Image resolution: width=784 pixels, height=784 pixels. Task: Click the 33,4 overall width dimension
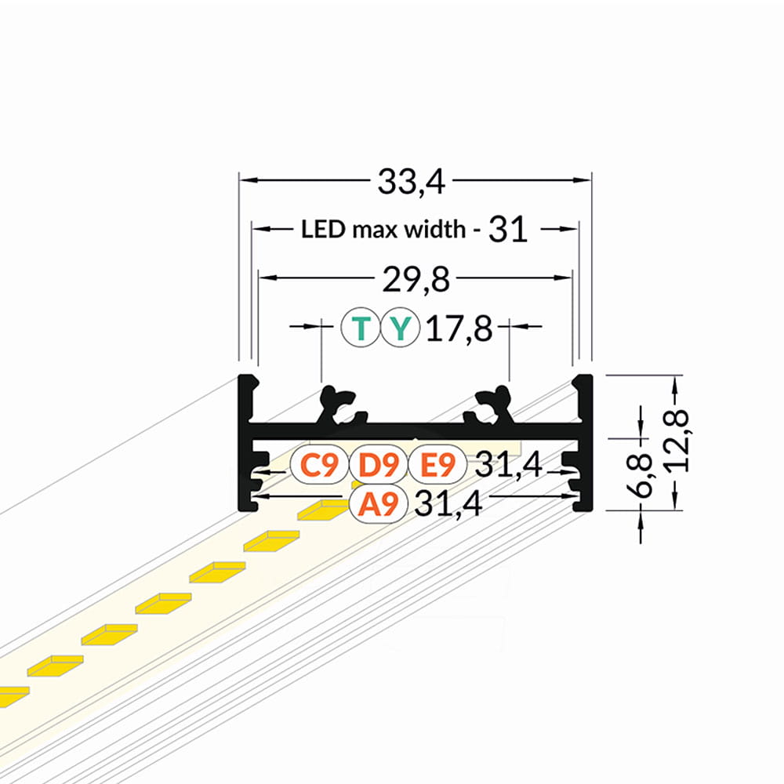click(x=411, y=182)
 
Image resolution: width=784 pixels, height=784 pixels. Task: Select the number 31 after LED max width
click(x=508, y=230)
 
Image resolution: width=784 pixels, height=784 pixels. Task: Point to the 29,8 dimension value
click(x=416, y=279)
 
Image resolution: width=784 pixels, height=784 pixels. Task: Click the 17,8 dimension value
click(x=459, y=328)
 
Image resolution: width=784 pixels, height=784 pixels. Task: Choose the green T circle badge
click(x=360, y=328)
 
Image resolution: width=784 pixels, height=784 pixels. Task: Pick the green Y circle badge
click(x=400, y=328)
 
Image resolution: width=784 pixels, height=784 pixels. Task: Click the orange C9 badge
click(x=319, y=464)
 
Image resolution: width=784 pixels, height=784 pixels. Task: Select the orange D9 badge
click(x=379, y=464)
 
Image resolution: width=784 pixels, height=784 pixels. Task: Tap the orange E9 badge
click(x=437, y=464)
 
